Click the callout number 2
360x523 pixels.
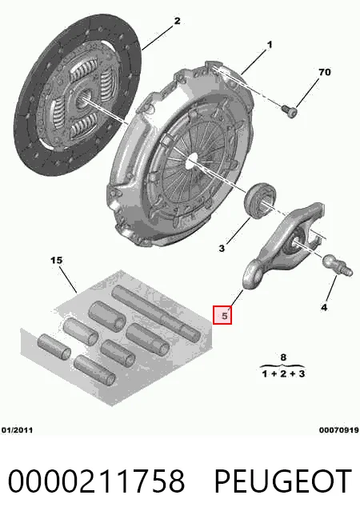click(x=177, y=21)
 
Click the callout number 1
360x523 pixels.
click(x=270, y=44)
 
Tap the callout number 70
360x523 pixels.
click(x=325, y=72)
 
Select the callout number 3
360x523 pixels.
click(x=222, y=248)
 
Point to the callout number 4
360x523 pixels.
click(x=324, y=307)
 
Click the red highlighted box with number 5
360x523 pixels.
click(x=222, y=315)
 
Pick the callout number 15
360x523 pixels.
click(x=56, y=260)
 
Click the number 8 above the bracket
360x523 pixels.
click(x=283, y=357)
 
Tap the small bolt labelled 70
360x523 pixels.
click(x=289, y=111)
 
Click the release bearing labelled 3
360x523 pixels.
click(x=261, y=200)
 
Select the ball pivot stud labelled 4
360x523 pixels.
click(x=337, y=265)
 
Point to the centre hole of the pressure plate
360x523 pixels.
click(x=191, y=161)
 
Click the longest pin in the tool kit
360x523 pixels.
click(x=155, y=313)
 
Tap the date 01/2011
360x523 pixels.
click(x=17, y=430)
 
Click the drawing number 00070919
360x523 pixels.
click(x=339, y=430)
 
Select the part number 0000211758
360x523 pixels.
click(x=97, y=481)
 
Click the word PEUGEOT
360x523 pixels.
click(x=282, y=481)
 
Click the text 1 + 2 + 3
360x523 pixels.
click(x=283, y=373)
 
